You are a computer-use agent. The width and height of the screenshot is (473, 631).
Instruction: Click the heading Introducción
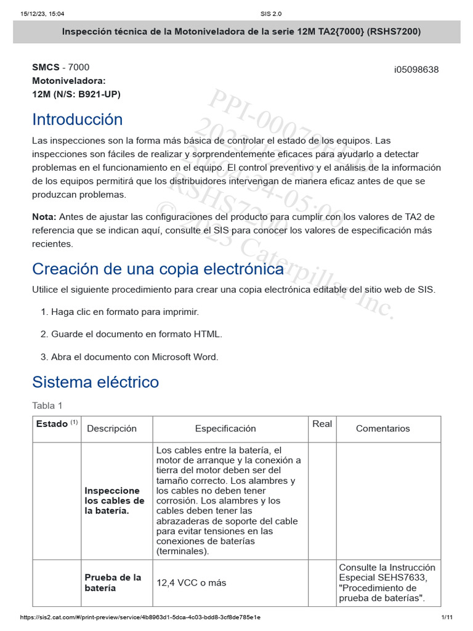[78, 119]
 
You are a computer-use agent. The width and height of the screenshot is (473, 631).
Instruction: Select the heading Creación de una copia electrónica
[158, 269]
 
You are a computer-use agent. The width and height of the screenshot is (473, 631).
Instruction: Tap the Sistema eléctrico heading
[95, 382]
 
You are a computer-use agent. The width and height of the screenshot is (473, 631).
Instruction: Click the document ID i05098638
[416, 70]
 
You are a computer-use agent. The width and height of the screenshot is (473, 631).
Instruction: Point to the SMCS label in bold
[46, 67]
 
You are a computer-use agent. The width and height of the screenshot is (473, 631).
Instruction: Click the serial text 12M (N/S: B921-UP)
[76, 94]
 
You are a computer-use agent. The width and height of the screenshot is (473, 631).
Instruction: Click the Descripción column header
[111, 429]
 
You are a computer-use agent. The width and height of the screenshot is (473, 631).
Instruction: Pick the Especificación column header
[225, 429]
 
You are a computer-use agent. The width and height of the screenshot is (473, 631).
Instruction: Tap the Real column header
[322, 424]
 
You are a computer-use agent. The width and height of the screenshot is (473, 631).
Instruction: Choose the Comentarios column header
[382, 429]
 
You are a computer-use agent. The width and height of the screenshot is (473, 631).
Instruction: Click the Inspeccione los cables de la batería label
[115, 501]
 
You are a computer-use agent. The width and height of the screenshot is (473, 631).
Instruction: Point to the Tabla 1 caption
[47, 405]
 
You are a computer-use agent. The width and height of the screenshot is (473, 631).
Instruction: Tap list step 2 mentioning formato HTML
[136, 334]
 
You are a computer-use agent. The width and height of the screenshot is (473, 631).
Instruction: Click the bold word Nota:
[44, 217]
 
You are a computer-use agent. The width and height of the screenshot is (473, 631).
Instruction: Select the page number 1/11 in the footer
[447, 617]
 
